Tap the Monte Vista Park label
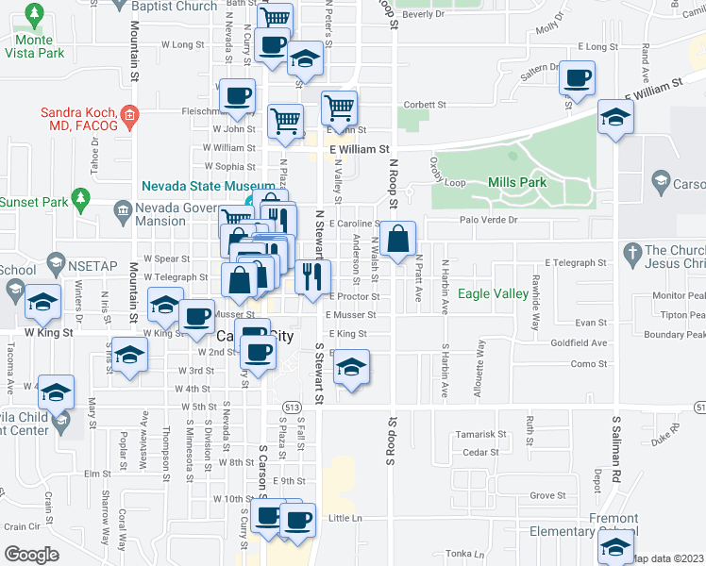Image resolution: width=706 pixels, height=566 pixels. [x=40, y=46]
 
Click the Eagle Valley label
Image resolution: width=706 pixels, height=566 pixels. [x=493, y=294]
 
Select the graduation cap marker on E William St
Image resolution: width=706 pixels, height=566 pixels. [x=616, y=117]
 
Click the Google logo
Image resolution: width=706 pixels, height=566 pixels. [x=31, y=554]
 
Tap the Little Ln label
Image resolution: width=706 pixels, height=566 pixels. [x=345, y=518]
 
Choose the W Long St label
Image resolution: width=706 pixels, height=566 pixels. [x=183, y=44]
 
